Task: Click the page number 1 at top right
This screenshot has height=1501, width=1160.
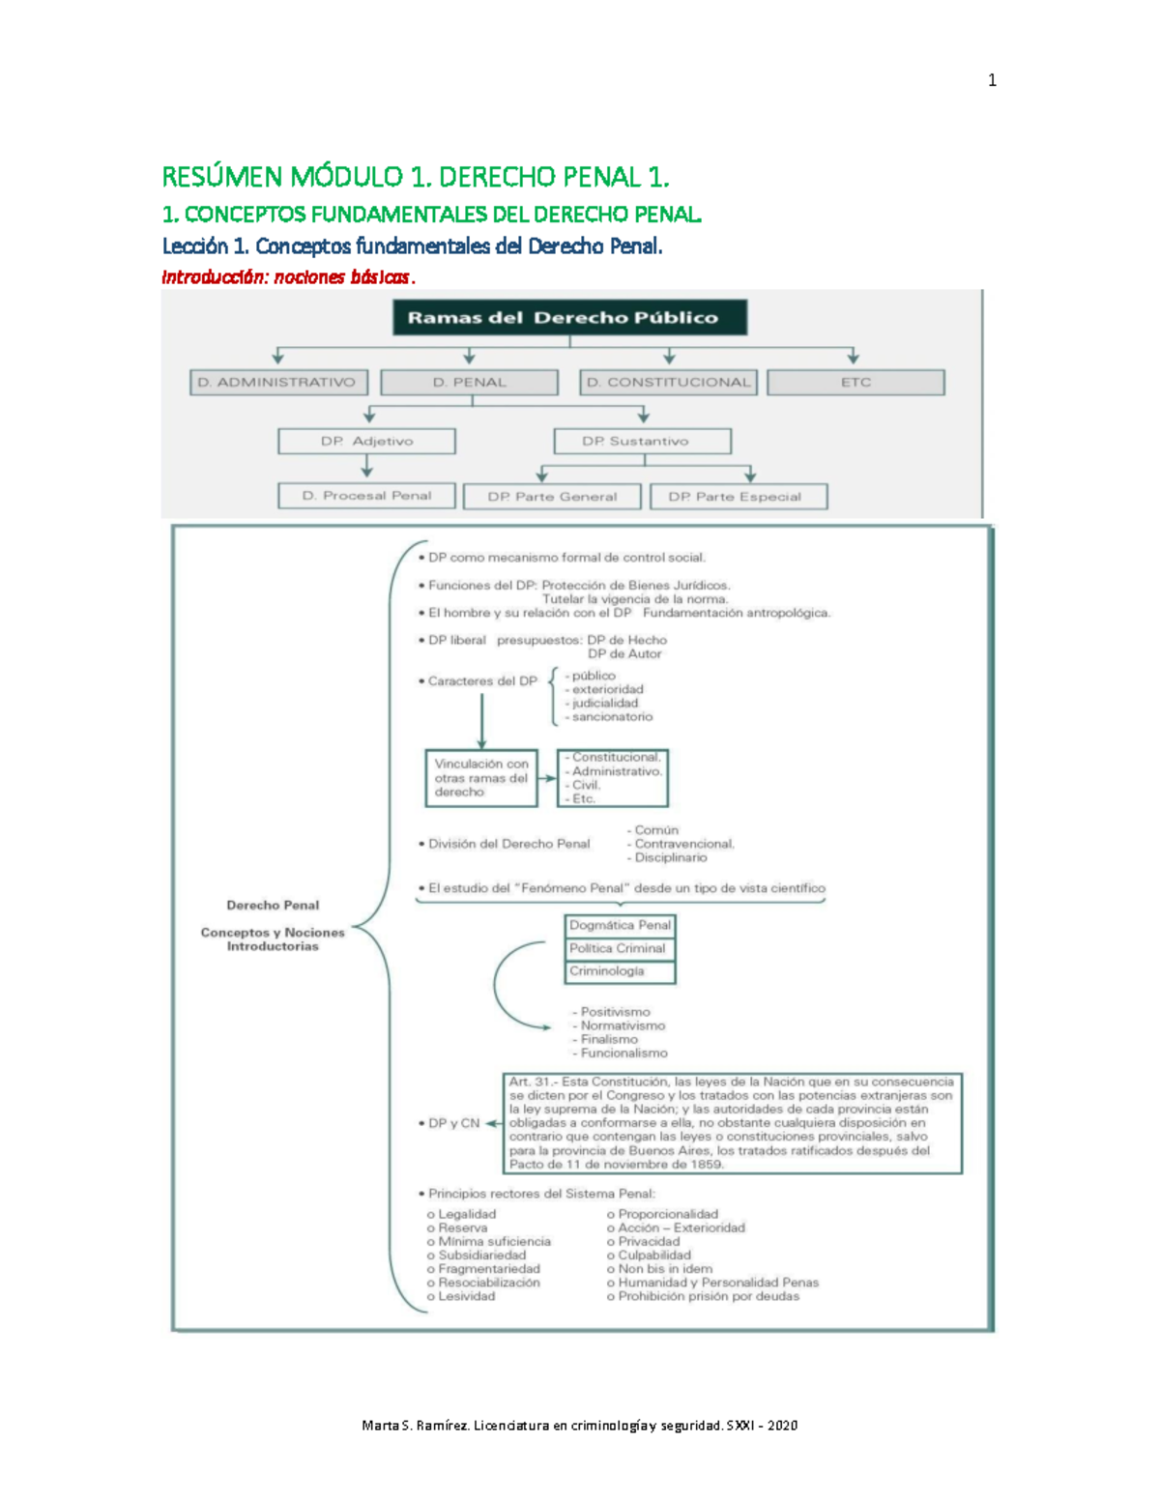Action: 992,81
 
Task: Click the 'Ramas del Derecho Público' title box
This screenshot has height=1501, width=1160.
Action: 569,317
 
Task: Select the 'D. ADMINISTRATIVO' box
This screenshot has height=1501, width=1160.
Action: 278,383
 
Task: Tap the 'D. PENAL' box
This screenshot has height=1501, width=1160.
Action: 470,383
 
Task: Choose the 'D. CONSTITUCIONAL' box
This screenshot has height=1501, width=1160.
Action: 668,383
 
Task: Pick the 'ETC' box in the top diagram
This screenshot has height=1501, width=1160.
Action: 855,383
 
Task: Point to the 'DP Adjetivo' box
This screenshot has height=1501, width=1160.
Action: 366,442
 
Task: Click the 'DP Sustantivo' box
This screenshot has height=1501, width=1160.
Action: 642,442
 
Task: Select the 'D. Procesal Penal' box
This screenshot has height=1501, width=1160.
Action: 366,496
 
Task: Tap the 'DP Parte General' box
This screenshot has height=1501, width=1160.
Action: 552,497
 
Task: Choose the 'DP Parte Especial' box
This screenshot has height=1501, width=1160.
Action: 739,497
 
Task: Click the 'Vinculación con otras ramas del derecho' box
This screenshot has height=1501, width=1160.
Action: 481,778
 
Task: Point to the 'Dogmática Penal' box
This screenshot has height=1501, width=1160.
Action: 620,926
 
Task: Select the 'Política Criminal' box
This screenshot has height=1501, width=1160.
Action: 620,949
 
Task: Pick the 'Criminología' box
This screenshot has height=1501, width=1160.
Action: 620,971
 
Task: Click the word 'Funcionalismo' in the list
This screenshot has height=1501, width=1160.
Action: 623,1054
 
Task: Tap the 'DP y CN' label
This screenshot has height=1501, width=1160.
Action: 453,1124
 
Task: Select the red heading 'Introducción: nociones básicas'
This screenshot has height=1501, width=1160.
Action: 288,277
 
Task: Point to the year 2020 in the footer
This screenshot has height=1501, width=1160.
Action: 782,1426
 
